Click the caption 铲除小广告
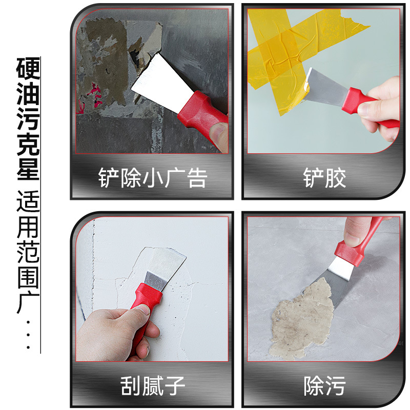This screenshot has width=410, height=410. coord(152,178)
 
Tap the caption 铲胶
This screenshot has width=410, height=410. coord(324,178)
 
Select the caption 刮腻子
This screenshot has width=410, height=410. coord(152,385)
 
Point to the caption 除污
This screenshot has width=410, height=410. coord(324,385)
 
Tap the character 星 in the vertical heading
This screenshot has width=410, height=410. coord(28,169)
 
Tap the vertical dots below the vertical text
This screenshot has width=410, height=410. coord(28,336)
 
